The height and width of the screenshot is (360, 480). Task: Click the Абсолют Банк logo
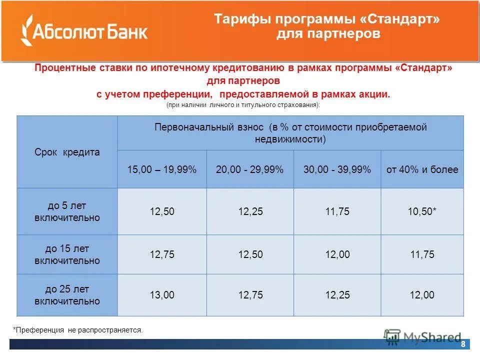click(x=84, y=31)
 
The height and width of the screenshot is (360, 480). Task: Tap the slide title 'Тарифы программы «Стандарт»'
click(x=328, y=19)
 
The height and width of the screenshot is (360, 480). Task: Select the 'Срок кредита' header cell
click(x=67, y=152)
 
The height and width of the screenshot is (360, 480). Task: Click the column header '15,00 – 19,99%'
click(x=162, y=169)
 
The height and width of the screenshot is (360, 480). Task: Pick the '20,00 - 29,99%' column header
click(x=250, y=169)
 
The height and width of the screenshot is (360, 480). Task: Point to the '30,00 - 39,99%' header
click(x=337, y=169)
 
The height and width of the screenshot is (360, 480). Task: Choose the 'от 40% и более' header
click(x=422, y=169)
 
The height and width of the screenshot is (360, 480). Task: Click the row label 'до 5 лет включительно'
click(x=67, y=211)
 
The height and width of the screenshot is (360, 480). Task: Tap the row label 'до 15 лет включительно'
click(x=67, y=254)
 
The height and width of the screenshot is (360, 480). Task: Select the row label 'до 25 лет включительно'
click(x=67, y=295)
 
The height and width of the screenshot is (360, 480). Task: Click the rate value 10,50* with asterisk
click(x=422, y=212)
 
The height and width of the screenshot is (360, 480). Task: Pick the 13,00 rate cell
click(x=162, y=295)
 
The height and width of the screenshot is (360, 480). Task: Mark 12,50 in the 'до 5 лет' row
click(x=162, y=212)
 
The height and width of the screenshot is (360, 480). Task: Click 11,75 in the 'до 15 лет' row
click(x=422, y=254)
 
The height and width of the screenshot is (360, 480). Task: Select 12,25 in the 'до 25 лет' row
click(x=337, y=295)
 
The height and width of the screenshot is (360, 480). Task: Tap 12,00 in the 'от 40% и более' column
click(x=422, y=295)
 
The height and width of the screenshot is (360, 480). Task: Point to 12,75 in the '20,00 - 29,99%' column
click(x=250, y=295)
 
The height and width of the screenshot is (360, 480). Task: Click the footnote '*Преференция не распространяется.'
click(x=78, y=330)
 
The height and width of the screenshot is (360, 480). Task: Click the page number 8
click(x=463, y=344)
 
